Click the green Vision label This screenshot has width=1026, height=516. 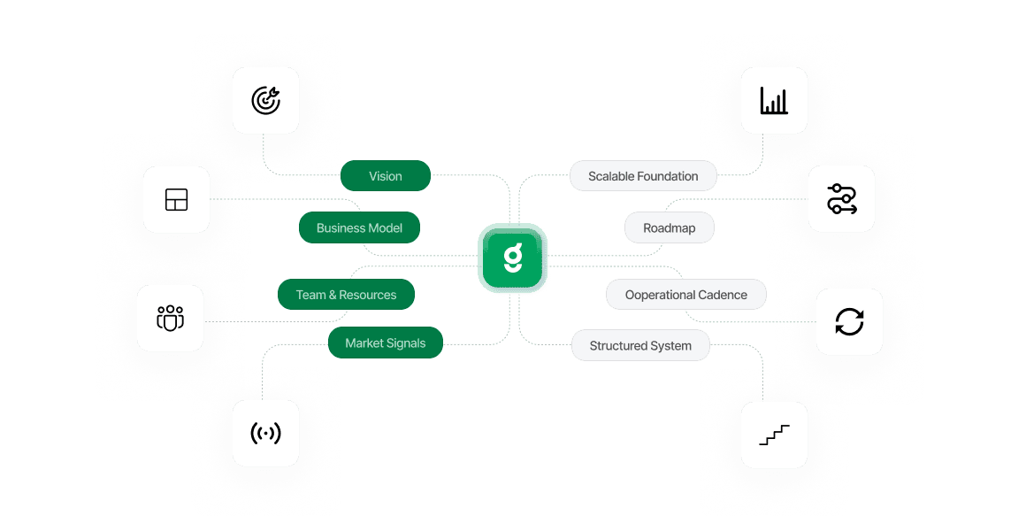click(x=386, y=176)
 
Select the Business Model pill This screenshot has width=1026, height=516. click(x=359, y=227)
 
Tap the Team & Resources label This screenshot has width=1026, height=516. click(x=346, y=295)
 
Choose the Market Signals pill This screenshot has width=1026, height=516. click(x=385, y=343)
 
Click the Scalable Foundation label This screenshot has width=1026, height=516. click(x=643, y=176)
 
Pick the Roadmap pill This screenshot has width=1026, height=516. click(x=669, y=227)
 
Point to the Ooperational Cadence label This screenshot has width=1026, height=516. click(x=685, y=295)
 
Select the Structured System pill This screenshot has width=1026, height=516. click(x=640, y=345)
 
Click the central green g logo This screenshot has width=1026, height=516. click(x=513, y=258)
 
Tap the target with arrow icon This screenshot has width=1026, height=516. click(x=265, y=101)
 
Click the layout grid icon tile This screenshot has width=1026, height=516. click(x=177, y=200)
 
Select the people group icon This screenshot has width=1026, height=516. click(x=170, y=318)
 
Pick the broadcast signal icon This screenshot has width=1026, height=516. click(x=265, y=433)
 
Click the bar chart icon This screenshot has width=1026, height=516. click(x=774, y=101)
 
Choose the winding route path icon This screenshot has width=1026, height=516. click(x=841, y=200)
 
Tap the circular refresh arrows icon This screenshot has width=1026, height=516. click(x=849, y=322)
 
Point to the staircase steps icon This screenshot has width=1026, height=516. click(x=774, y=435)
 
